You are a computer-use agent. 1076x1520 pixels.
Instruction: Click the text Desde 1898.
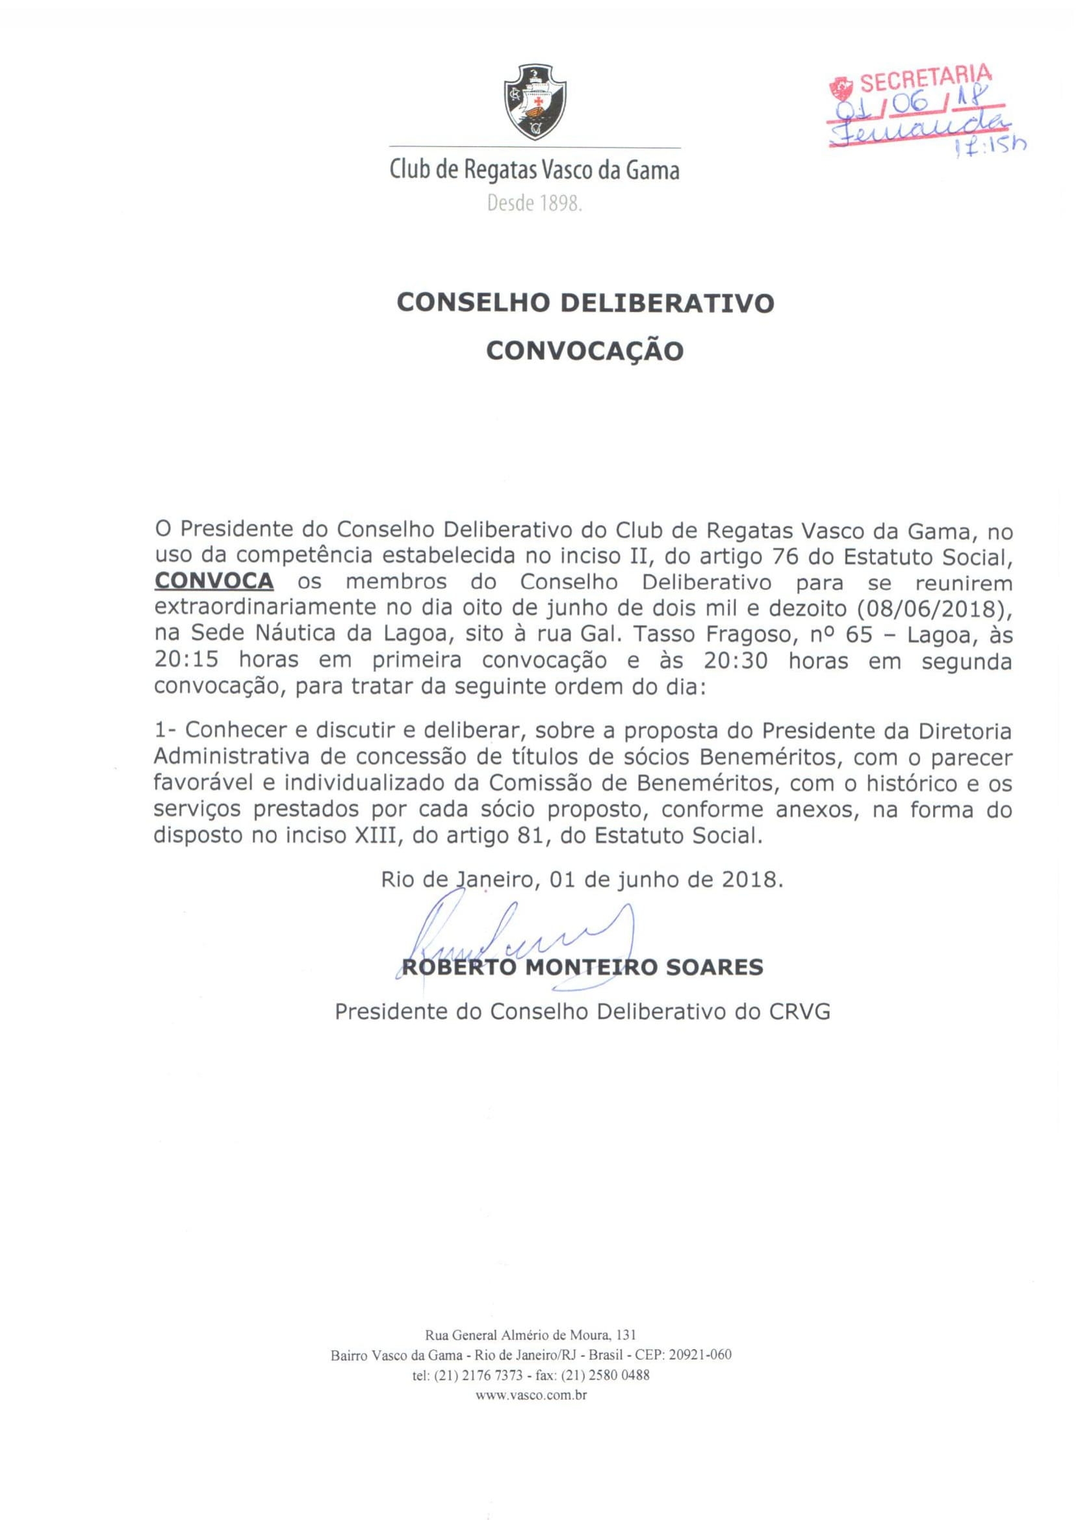click(x=534, y=203)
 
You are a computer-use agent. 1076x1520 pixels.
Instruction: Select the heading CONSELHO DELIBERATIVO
click(x=585, y=303)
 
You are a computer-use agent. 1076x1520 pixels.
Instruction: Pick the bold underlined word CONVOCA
click(x=213, y=582)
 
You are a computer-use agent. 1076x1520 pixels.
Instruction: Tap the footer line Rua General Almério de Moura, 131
click(x=532, y=1333)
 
